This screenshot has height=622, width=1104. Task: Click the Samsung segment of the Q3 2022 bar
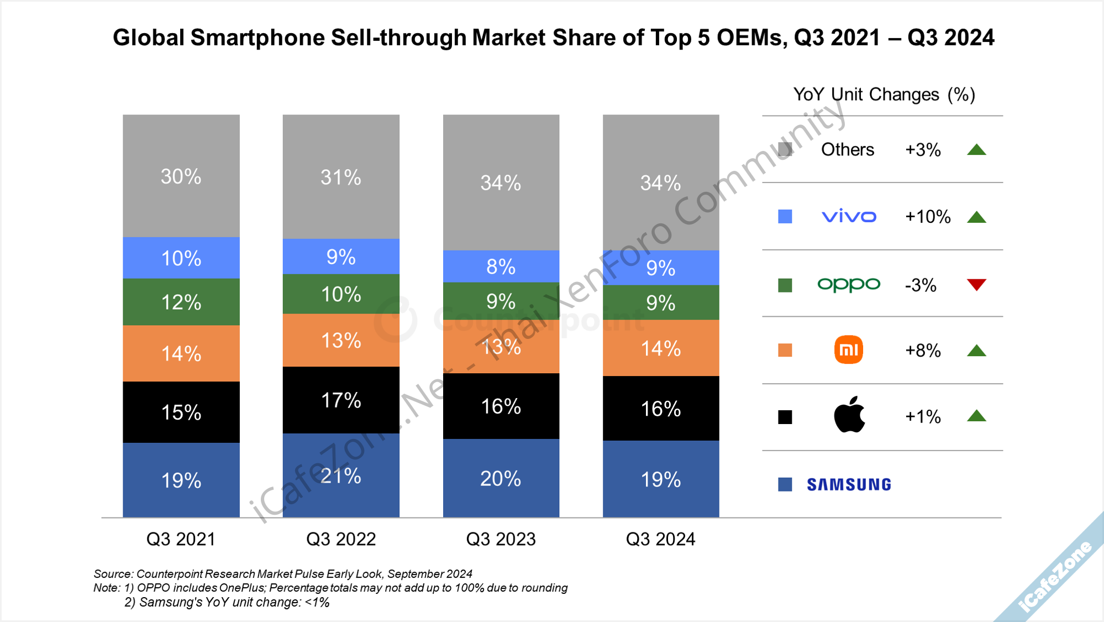pos(341,475)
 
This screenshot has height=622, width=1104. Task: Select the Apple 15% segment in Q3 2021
pos(181,412)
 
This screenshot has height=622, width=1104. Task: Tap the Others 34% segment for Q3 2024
pos(661,182)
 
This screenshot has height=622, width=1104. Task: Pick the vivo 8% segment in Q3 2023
pos(501,267)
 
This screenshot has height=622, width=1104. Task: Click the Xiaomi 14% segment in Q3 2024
pos(661,348)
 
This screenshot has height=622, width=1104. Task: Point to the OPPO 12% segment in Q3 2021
pos(181,302)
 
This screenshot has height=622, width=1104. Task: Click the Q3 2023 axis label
pos(501,539)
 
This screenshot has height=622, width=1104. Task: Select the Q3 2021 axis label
pos(181,539)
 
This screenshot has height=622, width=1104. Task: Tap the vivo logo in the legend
pos(849,217)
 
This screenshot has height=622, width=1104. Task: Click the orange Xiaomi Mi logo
pos(848,350)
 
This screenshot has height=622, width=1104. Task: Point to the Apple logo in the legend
pos(849,415)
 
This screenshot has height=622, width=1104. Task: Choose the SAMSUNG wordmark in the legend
pos(849,485)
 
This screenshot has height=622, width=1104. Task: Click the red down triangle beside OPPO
pos(976,285)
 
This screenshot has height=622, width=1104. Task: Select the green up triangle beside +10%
pos(976,217)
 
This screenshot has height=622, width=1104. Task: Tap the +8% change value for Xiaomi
pos(923,351)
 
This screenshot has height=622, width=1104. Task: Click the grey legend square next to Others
pos(785,149)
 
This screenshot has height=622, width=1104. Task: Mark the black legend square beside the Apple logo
pos(785,417)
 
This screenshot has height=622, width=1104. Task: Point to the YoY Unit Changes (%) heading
pos(884,95)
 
